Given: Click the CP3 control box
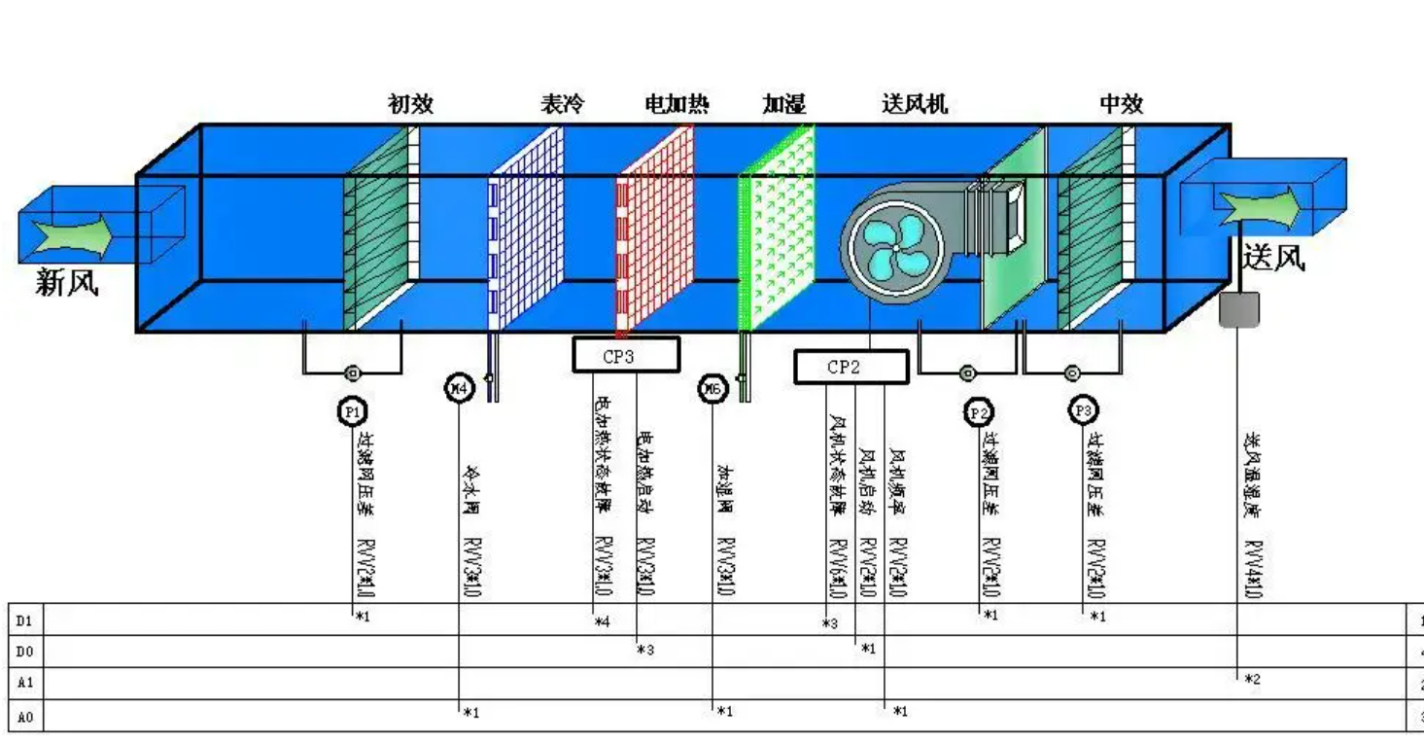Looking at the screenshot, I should pyautogui.click(x=625, y=356).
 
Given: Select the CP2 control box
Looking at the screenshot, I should pyautogui.click(x=851, y=367).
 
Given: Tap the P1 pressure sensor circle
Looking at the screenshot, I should pyautogui.click(x=353, y=412).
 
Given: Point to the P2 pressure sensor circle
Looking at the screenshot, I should pyautogui.click(x=979, y=413).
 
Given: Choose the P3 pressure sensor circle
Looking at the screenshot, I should pyautogui.click(x=1083, y=410).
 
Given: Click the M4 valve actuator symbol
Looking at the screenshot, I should pyautogui.click(x=459, y=388).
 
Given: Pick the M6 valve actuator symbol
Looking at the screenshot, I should pyautogui.click(x=712, y=390).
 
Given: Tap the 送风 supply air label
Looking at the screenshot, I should pyautogui.click(x=1273, y=257).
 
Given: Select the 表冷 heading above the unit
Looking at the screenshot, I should pyautogui.click(x=562, y=104).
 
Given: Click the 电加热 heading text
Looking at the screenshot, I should pyautogui.click(x=677, y=104).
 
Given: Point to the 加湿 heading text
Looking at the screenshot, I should pyautogui.click(x=783, y=104).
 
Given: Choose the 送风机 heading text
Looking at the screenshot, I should pyautogui.click(x=914, y=104).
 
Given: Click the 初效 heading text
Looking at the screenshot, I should pyautogui.click(x=410, y=104).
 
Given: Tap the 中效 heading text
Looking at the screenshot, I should pyautogui.click(x=1121, y=104).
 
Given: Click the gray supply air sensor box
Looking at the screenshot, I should pyautogui.click(x=1238, y=309).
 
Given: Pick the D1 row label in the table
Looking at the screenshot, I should pyautogui.click(x=24, y=620).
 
